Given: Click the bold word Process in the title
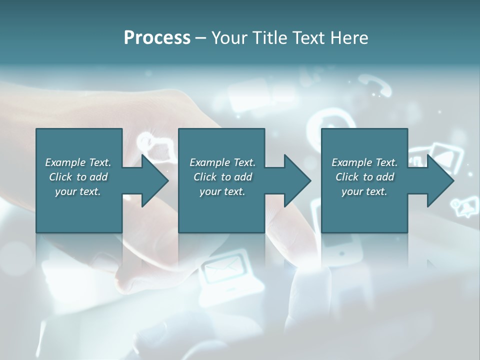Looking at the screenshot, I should (x=157, y=37).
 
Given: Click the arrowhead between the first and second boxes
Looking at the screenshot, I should (x=152, y=180).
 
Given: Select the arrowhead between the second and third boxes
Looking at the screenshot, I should (x=295, y=180).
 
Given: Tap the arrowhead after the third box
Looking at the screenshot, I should (x=438, y=180).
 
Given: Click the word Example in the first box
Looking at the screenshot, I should (x=65, y=162).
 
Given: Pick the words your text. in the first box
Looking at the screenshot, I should (x=78, y=191).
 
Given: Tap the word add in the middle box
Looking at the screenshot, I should (x=243, y=177).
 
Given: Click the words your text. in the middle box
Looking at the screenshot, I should (x=222, y=191).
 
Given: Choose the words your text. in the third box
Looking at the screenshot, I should (x=364, y=191).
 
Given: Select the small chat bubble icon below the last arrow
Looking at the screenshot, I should (x=462, y=205).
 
